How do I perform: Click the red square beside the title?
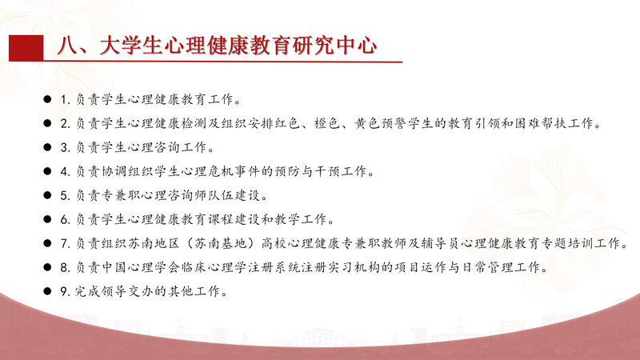pyautogui.click(x=26, y=48)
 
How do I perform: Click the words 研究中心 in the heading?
pyautogui.click(x=334, y=45)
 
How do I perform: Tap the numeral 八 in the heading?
pyautogui.click(x=67, y=45)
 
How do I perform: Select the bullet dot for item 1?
pyautogui.click(x=47, y=99)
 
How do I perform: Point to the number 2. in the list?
pyautogui.click(x=66, y=123)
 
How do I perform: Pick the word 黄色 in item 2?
pyautogui.click(x=367, y=123)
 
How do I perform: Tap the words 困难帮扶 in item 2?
pyautogui.click(x=541, y=123)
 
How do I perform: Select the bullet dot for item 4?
pyautogui.click(x=47, y=171)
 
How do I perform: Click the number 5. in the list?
pyautogui.click(x=66, y=195)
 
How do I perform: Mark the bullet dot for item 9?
pyautogui.click(x=47, y=291)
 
